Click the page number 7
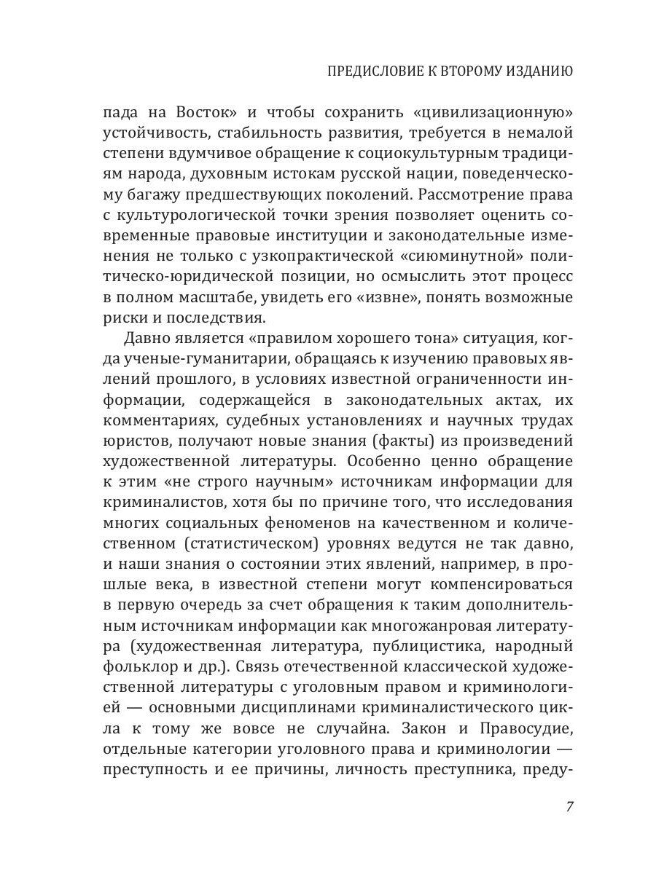point(569,806)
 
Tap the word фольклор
point(129,668)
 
